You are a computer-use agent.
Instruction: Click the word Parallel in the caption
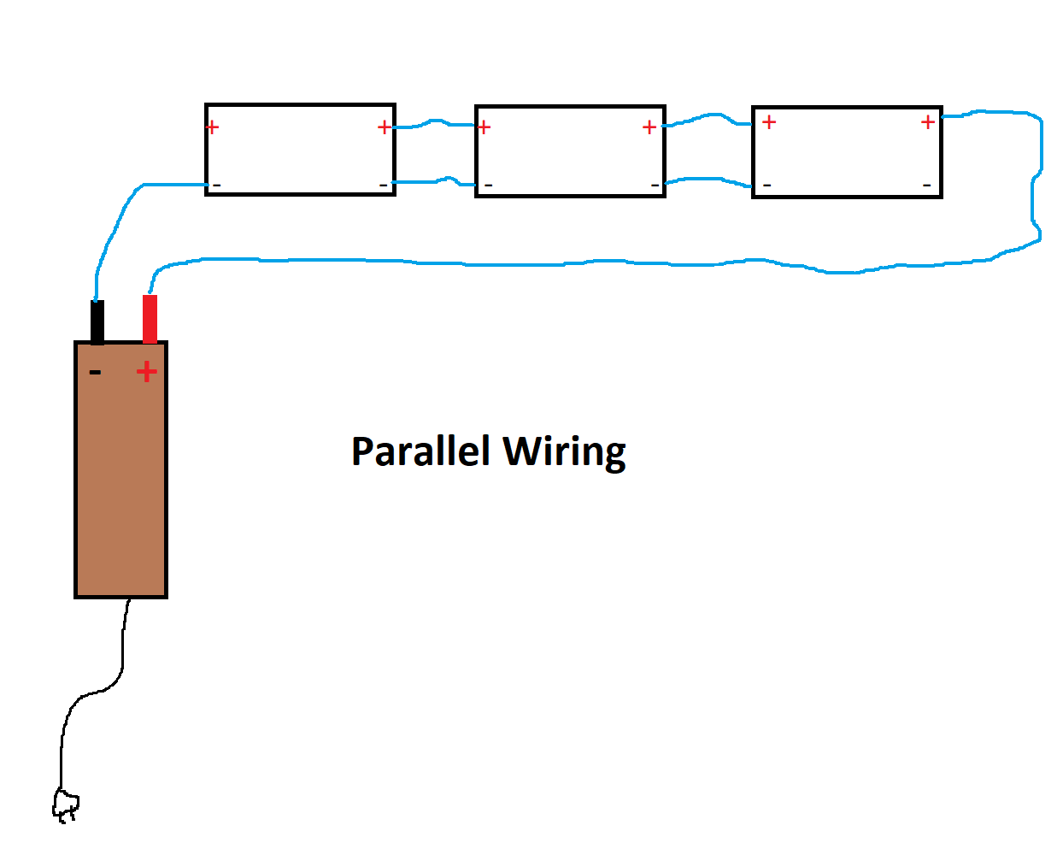click(x=420, y=451)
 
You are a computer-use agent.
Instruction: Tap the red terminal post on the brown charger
click(x=150, y=318)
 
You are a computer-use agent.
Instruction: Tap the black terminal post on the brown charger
click(x=97, y=321)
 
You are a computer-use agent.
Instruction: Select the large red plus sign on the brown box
click(x=147, y=371)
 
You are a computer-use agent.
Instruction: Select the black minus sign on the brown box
click(x=95, y=372)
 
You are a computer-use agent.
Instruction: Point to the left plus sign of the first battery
click(x=213, y=127)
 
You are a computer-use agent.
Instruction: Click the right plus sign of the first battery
click(x=384, y=127)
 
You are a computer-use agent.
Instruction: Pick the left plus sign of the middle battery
click(x=484, y=127)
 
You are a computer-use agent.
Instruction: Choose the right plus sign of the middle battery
click(x=649, y=127)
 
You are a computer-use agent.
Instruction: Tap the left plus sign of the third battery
click(x=769, y=122)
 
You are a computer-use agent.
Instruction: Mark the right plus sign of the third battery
click(x=928, y=122)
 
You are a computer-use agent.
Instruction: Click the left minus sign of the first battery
click(x=216, y=185)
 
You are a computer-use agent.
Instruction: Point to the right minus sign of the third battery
click(x=926, y=185)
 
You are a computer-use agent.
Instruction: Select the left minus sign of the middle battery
click(x=488, y=185)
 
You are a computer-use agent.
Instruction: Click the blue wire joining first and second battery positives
click(x=434, y=123)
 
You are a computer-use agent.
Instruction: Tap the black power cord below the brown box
click(x=123, y=650)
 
